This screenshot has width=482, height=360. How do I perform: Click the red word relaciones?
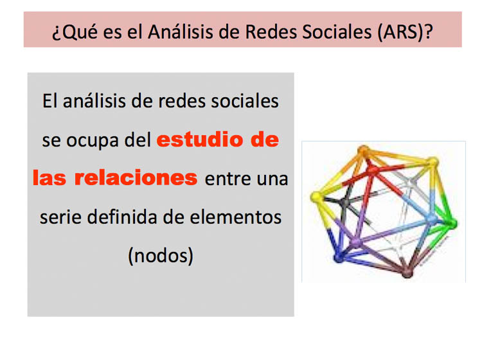[x=136, y=178]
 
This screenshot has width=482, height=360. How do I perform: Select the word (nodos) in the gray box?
[x=161, y=256]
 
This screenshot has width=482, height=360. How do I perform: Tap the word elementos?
[x=235, y=217]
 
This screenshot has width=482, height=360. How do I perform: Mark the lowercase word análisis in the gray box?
[x=94, y=100]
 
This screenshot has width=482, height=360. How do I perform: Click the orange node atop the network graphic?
[x=364, y=150]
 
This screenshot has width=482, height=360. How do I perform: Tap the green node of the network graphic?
[x=452, y=224]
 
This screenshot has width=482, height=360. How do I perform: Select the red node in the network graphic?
[x=373, y=170]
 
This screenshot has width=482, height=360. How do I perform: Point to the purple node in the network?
[x=355, y=242]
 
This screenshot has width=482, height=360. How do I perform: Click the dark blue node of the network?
[x=339, y=257]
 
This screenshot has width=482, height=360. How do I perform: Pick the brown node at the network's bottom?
[x=407, y=273]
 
